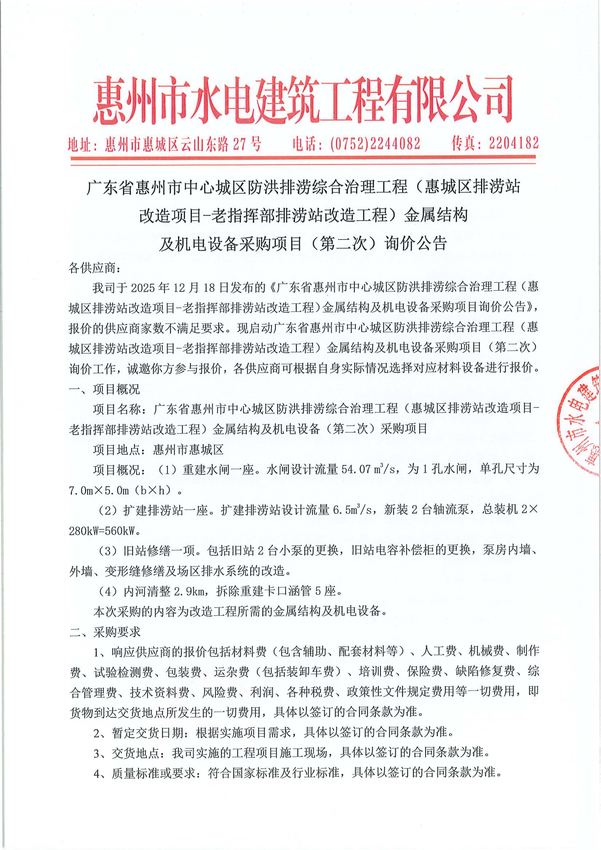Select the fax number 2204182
pos(513,143)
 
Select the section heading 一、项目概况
pos(105,389)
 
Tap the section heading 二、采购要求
pos(105,632)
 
